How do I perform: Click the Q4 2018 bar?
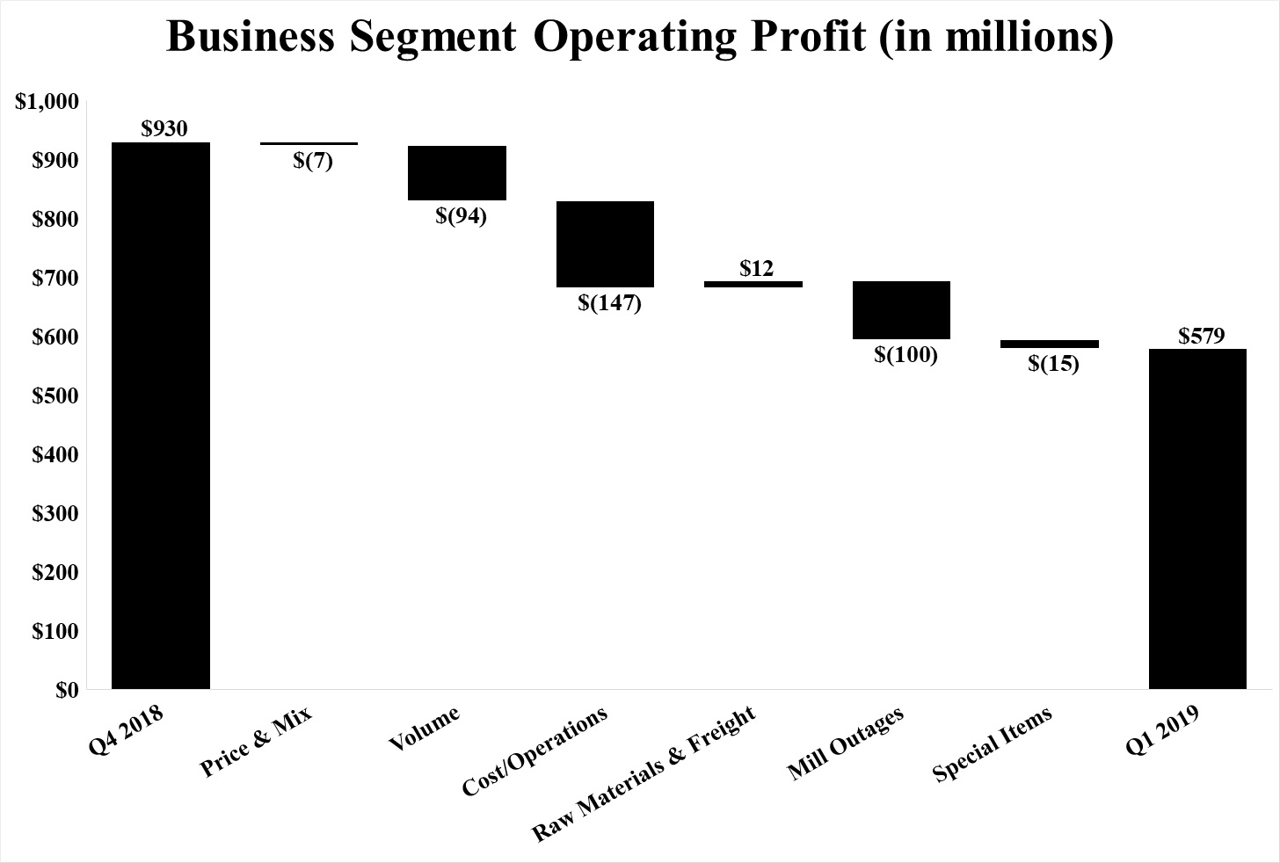click(x=161, y=415)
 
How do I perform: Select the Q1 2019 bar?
click(x=1197, y=519)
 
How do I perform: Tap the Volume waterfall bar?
click(x=457, y=173)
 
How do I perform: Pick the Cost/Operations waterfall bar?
click(x=605, y=244)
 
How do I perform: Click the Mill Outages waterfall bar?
click(x=902, y=310)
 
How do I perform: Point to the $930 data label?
click(x=164, y=129)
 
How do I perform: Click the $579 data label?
click(x=1202, y=336)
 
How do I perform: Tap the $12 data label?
click(x=756, y=268)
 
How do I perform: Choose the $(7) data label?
click(x=313, y=161)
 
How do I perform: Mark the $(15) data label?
click(x=1053, y=363)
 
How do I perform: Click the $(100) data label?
click(x=905, y=355)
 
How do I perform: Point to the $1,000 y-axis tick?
click(x=48, y=102)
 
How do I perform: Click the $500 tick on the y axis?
click(x=56, y=396)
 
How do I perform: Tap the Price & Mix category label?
click(x=257, y=743)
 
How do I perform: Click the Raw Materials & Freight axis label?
click(x=645, y=774)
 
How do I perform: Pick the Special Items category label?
click(x=993, y=744)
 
